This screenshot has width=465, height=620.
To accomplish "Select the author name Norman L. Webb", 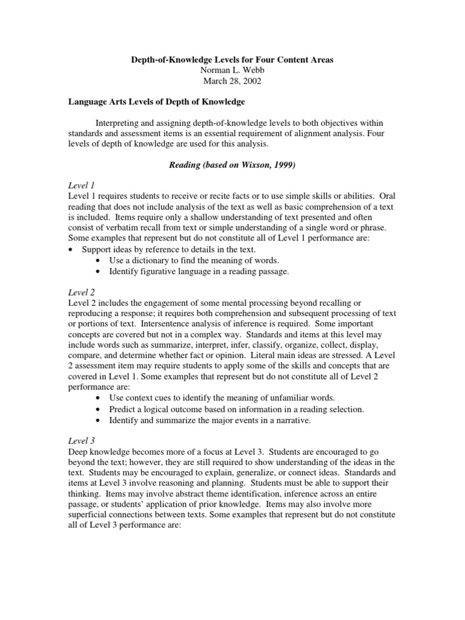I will [232, 70].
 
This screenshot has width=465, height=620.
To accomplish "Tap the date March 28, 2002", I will [232, 81].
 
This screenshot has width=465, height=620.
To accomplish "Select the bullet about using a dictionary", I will [194, 260].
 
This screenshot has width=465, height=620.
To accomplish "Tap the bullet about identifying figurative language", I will [199, 271].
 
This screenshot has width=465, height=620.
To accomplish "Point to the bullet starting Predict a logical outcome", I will [236, 409].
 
